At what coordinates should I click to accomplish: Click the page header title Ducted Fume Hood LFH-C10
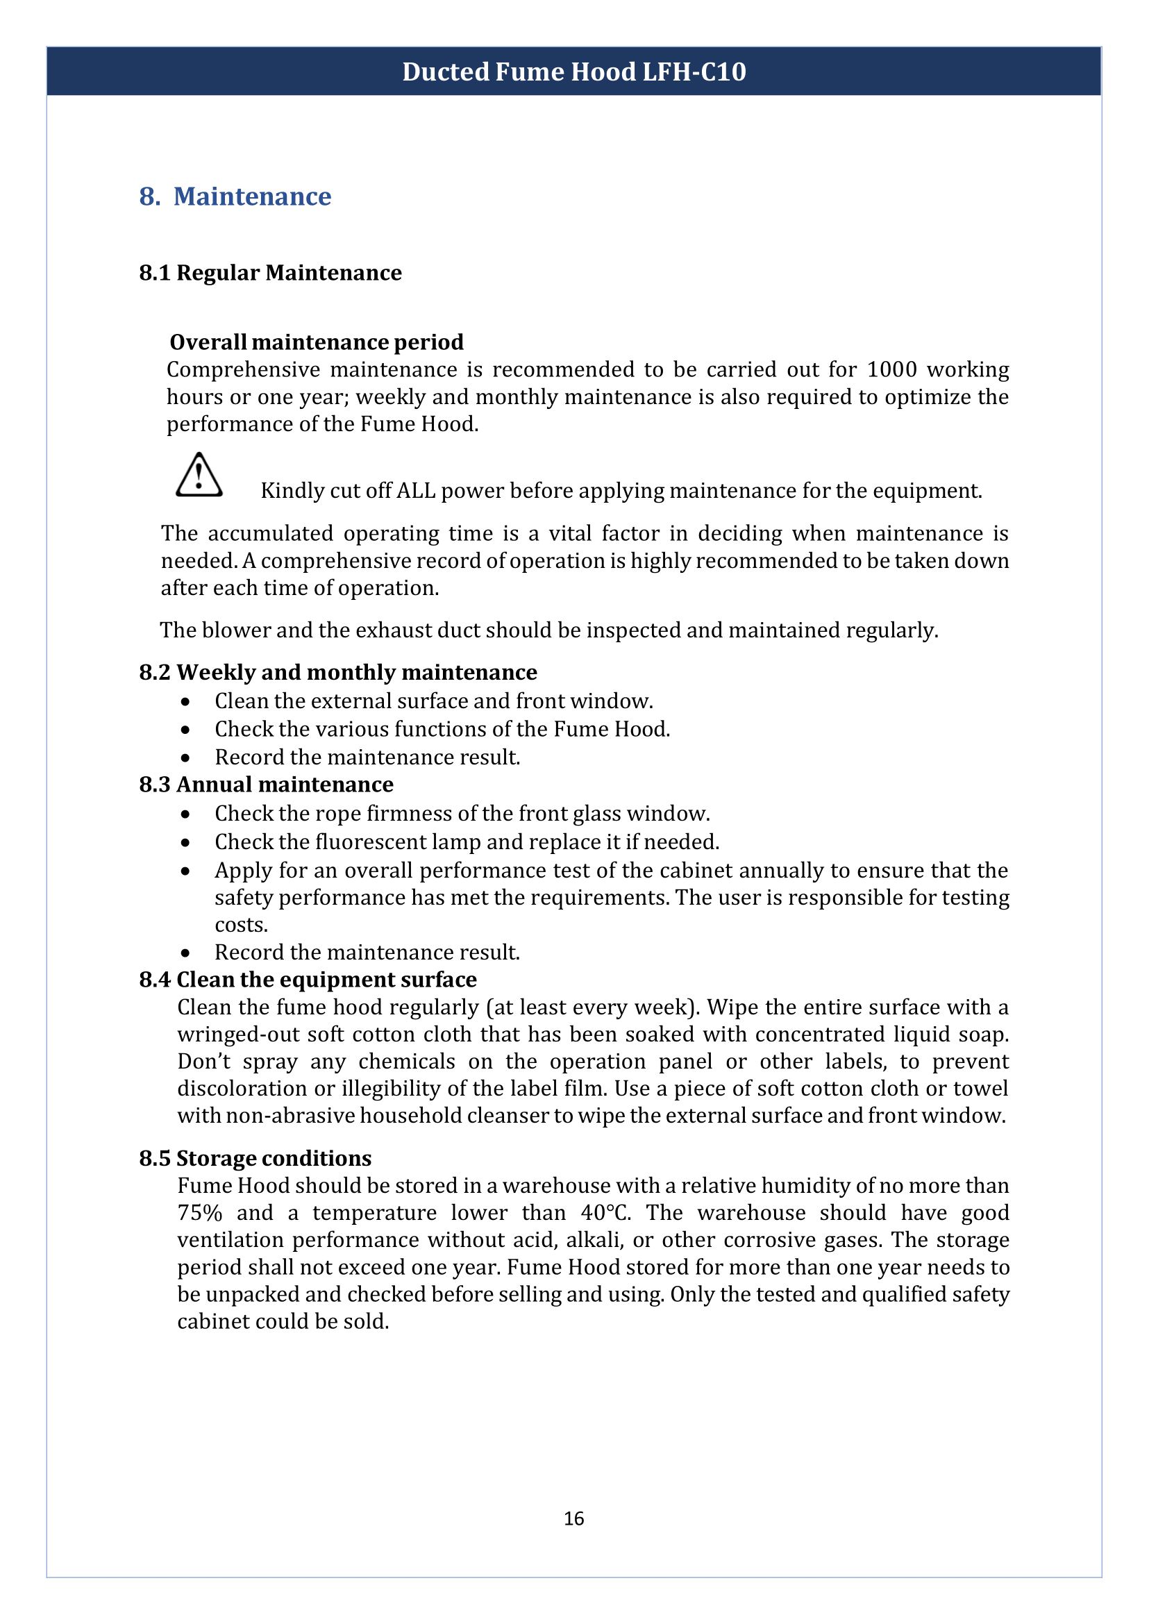573,72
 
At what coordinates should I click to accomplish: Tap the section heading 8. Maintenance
235,196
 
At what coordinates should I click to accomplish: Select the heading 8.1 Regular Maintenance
270,273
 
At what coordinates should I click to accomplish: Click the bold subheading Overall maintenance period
317,342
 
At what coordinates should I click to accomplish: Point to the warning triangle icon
199,476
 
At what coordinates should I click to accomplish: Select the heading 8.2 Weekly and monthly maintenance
338,672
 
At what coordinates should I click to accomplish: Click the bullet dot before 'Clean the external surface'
185,701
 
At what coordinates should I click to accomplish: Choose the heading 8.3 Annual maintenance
266,785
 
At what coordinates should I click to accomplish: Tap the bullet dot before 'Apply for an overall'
185,871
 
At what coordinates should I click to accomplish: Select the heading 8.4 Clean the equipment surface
308,980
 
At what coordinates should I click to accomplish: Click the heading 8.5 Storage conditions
255,1158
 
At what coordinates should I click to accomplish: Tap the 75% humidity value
199,1213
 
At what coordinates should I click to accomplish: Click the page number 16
573,1518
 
